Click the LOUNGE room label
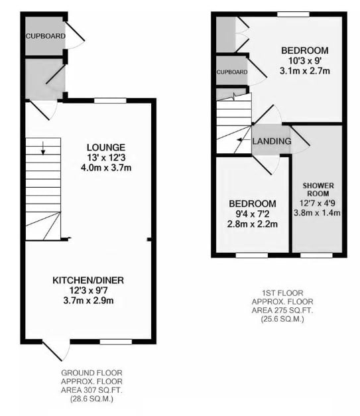[x=105, y=147]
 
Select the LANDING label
[x=272, y=141]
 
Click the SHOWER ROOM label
[x=317, y=188]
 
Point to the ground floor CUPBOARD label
[x=45, y=36]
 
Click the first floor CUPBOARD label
[x=231, y=72]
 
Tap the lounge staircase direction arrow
[x=43, y=149]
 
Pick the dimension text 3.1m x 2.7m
[x=304, y=70]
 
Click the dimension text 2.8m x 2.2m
[x=253, y=224]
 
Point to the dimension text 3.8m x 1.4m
[x=317, y=213]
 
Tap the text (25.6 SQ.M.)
[x=282, y=318]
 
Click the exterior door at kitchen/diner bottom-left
[x=57, y=348]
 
